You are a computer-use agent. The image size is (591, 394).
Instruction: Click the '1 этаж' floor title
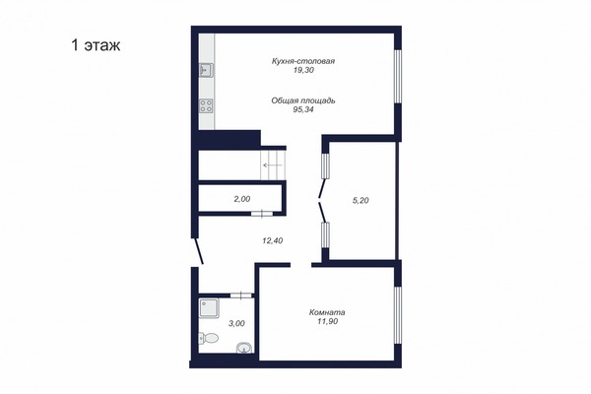[x=95, y=44]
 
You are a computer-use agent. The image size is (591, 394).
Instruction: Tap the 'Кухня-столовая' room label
[x=303, y=61]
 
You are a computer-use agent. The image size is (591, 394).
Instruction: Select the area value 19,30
[x=303, y=71]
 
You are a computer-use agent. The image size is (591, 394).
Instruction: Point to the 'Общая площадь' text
[x=303, y=99]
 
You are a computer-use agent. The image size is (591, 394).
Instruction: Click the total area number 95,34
[x=303, y=109]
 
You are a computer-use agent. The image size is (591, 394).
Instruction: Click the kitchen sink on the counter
[x=207, y=69]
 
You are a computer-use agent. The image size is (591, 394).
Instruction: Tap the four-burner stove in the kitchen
[x=207, y=105]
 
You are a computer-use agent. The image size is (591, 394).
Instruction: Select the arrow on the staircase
[x=270, y=167]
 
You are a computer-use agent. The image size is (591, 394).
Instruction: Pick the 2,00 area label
[x=241, y=199]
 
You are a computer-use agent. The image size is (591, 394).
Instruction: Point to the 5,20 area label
[x=361, y=200]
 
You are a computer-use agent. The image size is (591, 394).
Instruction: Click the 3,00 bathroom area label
[x=237, y=323]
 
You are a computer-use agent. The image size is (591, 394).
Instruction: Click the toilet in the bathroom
[x=206, y=339]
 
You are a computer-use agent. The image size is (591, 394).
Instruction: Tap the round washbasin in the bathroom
[x=244, y=345]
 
